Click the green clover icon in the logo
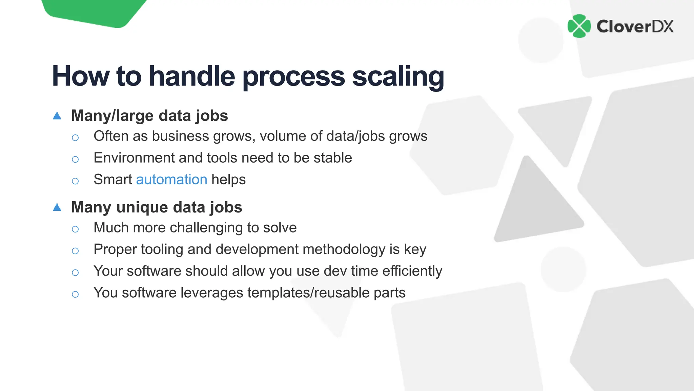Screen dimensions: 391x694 [579, 26]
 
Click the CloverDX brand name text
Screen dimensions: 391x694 [635, 26]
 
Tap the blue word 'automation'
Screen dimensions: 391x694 [171, 180]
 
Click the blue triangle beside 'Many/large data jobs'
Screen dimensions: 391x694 [57, 116]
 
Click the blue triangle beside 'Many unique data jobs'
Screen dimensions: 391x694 [57, 207]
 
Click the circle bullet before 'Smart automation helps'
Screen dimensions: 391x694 [75, 181]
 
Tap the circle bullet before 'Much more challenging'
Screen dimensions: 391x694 [75, 229]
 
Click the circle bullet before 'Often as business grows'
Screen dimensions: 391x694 [75, 137]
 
